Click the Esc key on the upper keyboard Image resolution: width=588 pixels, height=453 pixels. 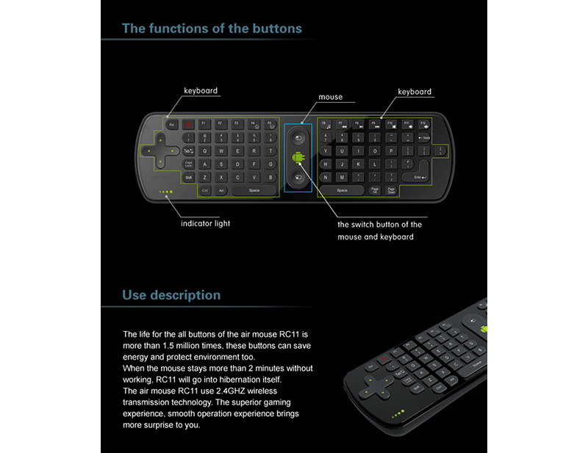click(171, 125)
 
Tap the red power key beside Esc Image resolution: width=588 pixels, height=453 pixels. click(187, 125)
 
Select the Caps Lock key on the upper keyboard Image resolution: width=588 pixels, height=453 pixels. click(189, 164)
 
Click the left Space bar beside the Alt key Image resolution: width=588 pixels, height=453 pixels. click(254, 190)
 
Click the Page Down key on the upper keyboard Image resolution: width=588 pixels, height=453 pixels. click(392, 190)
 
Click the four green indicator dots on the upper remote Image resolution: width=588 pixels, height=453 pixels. click(167, 193)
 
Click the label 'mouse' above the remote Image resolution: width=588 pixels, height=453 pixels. click(330, 97)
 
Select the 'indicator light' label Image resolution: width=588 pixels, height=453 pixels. click(205, 223)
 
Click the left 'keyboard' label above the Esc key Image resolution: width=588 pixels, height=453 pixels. click(201, 91)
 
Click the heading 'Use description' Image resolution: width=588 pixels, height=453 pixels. click(171, 295)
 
